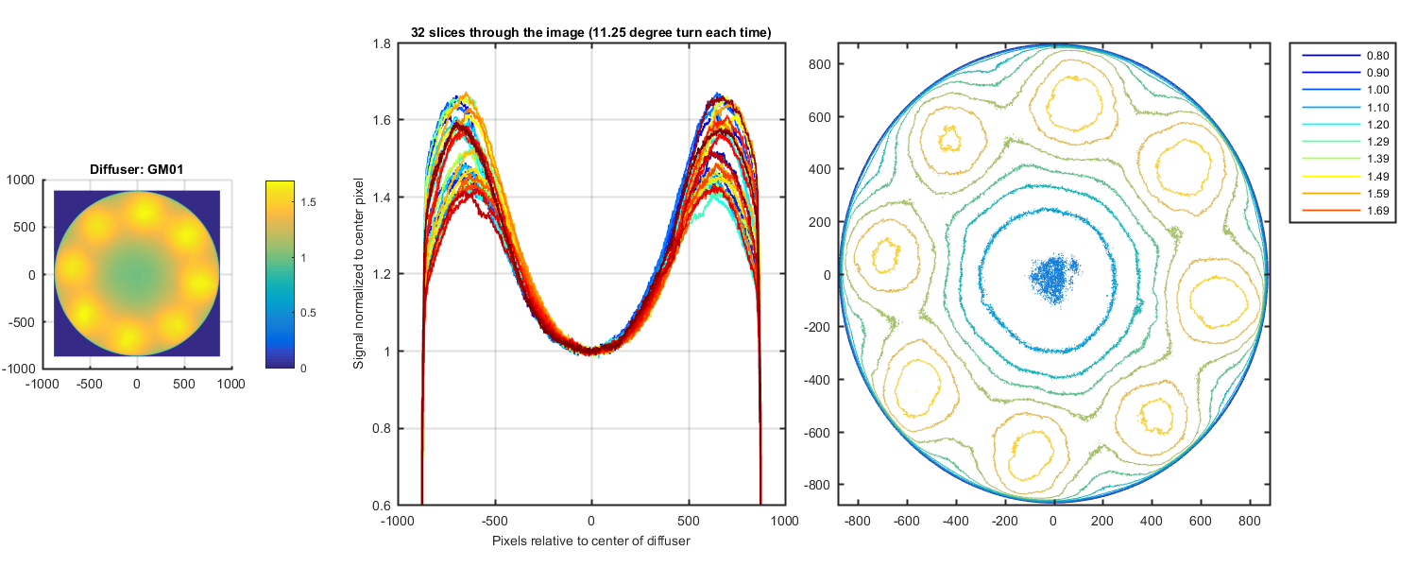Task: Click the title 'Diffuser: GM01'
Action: pos(137,169)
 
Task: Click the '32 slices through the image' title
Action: pos(591,32)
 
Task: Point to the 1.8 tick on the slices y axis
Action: pos(384,43)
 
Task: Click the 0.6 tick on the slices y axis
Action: pos(384,505)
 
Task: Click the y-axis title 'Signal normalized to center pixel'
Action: pos(359,274)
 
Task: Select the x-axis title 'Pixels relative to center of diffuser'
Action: pos(591,541)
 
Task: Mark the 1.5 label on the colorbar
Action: pos(309,202)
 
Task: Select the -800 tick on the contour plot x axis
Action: pos(859,520)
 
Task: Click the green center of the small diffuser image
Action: pos(137,273)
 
